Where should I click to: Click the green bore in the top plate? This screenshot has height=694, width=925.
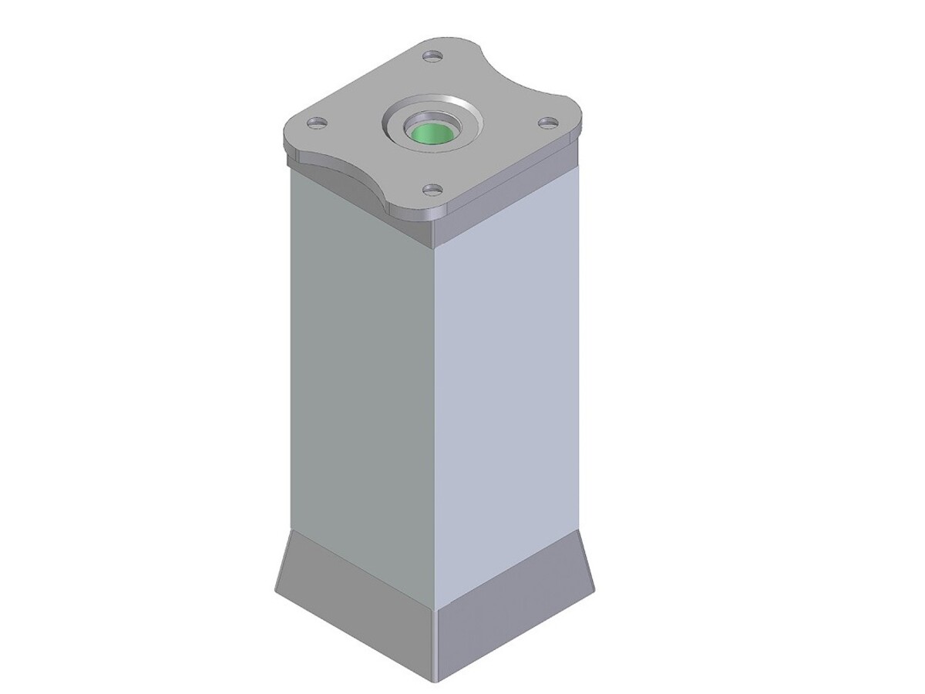click(432, 133)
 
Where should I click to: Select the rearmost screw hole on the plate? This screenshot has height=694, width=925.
click(432, 56)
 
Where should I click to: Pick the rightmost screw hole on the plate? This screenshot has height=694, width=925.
click(547, 122)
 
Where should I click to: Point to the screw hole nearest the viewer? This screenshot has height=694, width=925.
click(432, 188)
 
